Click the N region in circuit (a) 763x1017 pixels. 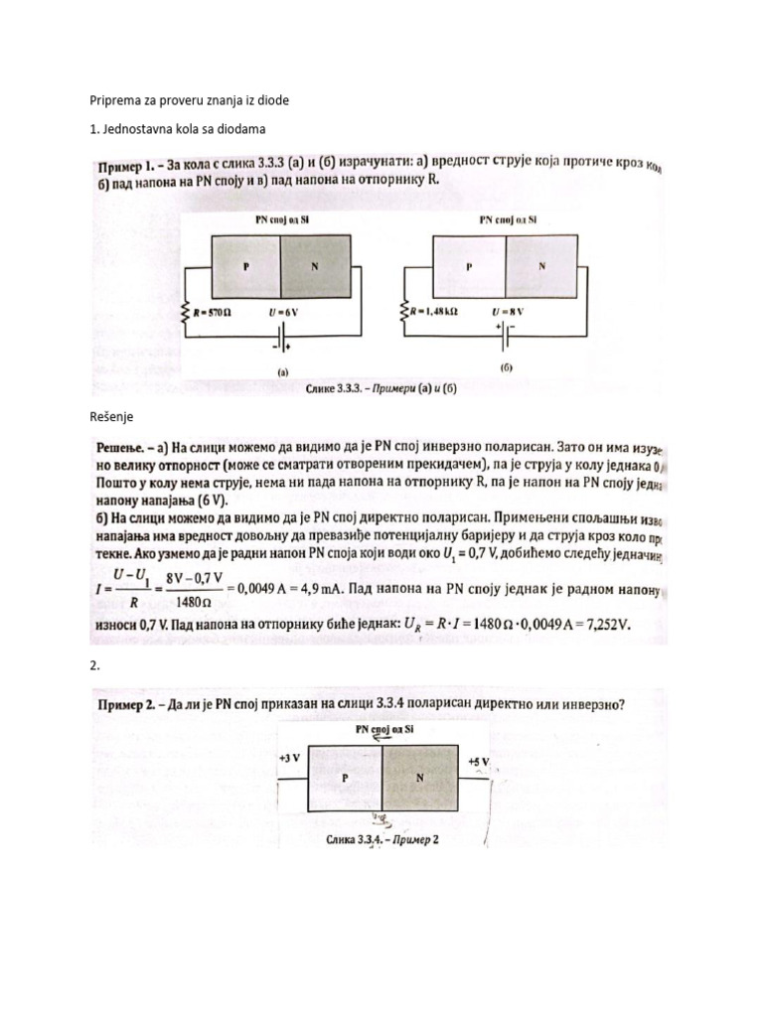coord(316,266)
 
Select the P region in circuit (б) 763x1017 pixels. coord(468,266)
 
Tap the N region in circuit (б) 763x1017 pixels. coord(541,266)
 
